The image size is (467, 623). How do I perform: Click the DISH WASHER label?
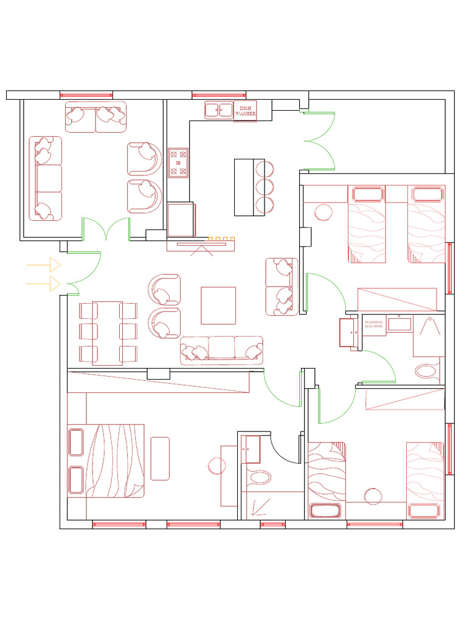coord(246,111)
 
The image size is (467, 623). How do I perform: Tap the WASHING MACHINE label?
coord(374,324)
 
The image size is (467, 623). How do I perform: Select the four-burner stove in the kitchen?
coord(178,162)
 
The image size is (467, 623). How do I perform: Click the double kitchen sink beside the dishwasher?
coord(219,110)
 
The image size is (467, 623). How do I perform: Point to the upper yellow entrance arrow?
coord(43,265)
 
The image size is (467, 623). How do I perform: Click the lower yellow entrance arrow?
coord(43,284)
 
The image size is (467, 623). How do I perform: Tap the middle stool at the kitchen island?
coord(265,187)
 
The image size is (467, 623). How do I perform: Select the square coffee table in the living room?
coord(218,305)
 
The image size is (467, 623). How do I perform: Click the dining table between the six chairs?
coord(107,333)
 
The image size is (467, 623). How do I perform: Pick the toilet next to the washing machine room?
coord(426,372)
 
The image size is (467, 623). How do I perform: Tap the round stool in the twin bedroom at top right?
coord(323,212)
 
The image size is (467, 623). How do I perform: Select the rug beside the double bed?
coord(160,459)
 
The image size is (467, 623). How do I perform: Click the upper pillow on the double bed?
coord(76,442)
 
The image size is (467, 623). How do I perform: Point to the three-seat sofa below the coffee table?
coord(221,350)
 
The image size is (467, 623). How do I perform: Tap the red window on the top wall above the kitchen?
coord(219,96)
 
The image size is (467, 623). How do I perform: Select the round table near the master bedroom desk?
coord(217,466)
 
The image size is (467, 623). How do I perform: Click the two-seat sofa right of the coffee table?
coord(282,287)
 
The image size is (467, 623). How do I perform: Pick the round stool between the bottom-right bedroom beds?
coord(373,496)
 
